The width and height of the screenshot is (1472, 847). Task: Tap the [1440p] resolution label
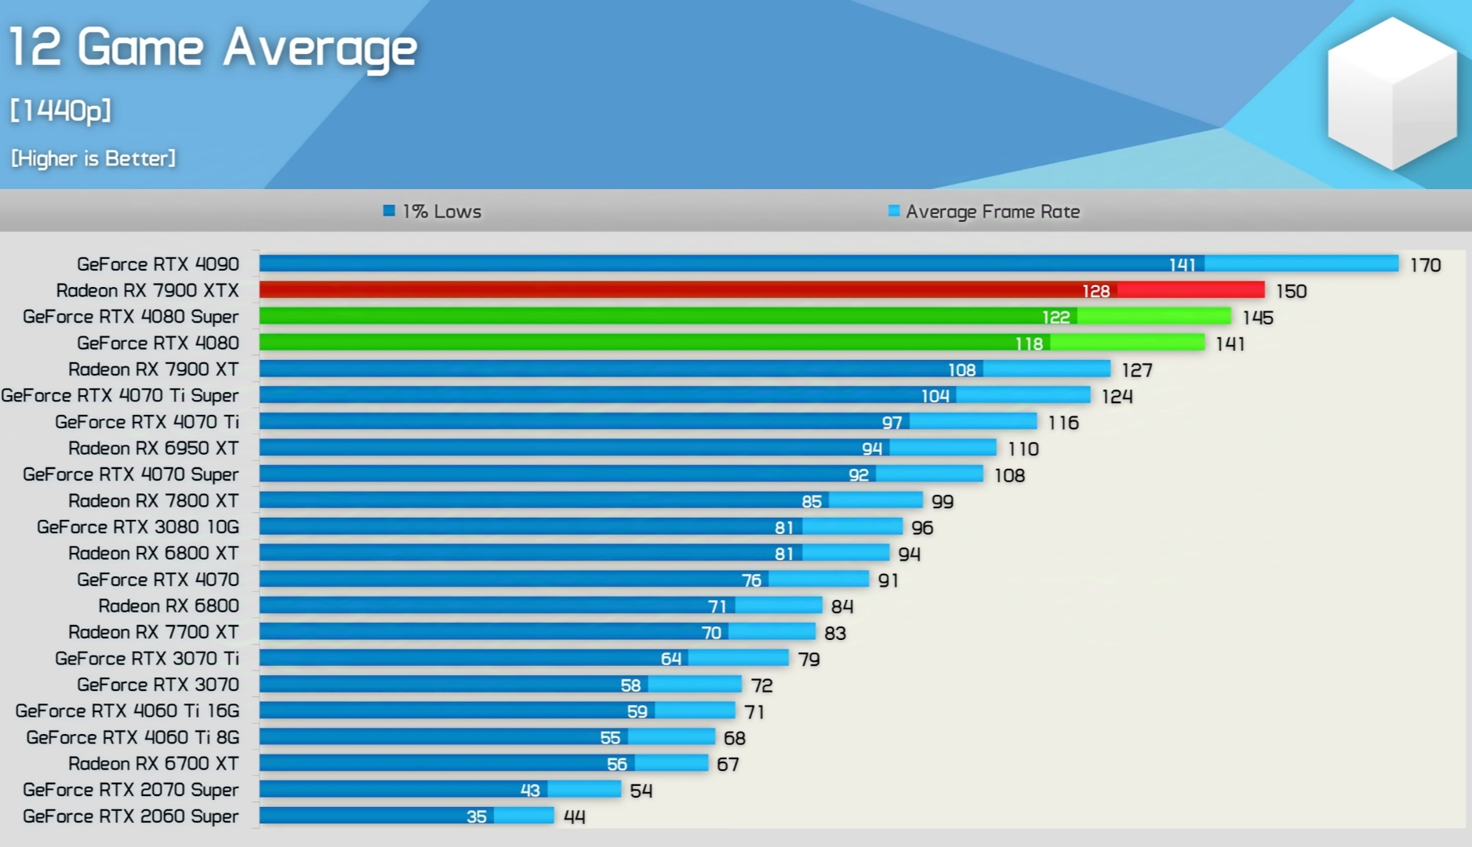pyautogui.click(x=61, y=111)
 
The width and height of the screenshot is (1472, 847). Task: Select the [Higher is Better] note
pyautogui.click(x=93, y=158)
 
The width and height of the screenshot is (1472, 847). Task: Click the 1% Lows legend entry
pyautogui.click(x=433, y=212)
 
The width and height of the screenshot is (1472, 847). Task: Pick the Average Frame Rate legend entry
pyautogui.click(x=984, y=212)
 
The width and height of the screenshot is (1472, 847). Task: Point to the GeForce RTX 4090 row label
pyautogui.click(x=158, y=264)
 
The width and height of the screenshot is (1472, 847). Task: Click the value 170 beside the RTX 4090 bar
pyautogui.click(x=1425, y=265)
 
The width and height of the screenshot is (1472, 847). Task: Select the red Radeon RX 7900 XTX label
pyautogui.click(x=147, y=291)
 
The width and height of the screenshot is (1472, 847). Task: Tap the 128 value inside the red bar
pyautogui.click(x=1096, y=291)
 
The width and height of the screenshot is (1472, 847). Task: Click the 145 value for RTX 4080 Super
pyautogui.click(x=1257, y=318)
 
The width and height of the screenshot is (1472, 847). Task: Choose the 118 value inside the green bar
pyautogui.click(x=1029, y=344)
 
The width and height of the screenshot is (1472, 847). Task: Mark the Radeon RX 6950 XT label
pyautogui.click(x=153, y=449)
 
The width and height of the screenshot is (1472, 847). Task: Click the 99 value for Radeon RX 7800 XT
pyautogui.click(x=942, y=501)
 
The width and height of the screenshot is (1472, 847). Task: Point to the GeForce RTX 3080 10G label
pyautogui.click(x=138, y=527)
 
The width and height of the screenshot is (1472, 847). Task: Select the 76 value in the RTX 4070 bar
pyautogui.click(x=751, y=580)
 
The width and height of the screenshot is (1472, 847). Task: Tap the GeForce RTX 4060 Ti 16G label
pyautogui.click(x=127, y=711)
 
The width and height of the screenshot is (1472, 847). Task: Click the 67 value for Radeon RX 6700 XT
pyautogui.click(x=728, y=764)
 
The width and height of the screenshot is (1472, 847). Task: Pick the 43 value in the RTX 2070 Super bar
pyautogui.click(x=530, y=791)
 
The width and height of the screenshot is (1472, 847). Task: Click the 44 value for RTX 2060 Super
pyautogui.click(x=574, y=816)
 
